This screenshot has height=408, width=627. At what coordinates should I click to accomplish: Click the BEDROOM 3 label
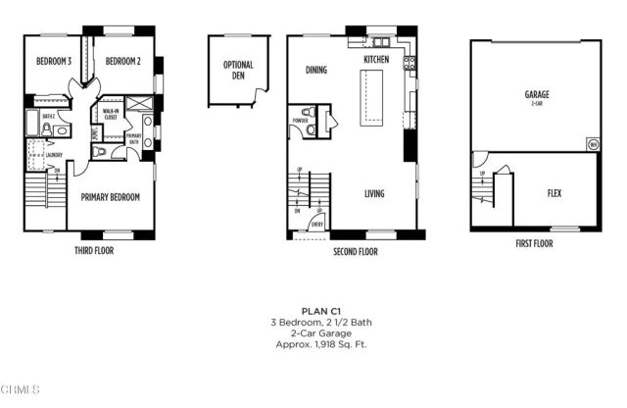[x=54, y=60]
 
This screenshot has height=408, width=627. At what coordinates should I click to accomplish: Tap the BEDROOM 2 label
[x=123, y=60]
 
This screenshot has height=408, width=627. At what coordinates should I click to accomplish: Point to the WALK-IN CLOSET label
[x=111, y=114]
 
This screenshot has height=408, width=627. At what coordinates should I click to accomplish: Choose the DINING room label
[x=315, y=71]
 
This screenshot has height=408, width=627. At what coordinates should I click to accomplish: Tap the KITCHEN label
[x=377, y=60]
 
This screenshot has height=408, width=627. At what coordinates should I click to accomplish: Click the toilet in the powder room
[x=310, y=127]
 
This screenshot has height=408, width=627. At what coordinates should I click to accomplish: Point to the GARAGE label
[x=536, y=95]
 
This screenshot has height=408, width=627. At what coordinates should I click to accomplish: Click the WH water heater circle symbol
[x=592, y=144]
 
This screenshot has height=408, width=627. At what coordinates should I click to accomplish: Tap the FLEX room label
[x=554, y=193]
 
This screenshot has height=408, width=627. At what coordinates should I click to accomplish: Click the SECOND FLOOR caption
[x=356, y=251]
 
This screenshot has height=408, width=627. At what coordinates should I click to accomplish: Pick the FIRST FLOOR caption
[x=535, y=242]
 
